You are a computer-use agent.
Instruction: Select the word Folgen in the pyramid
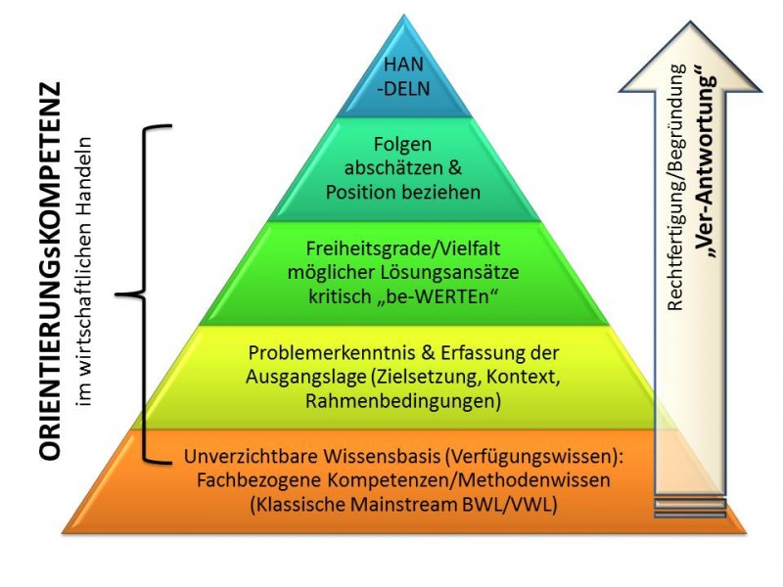click(x=404, y=147)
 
